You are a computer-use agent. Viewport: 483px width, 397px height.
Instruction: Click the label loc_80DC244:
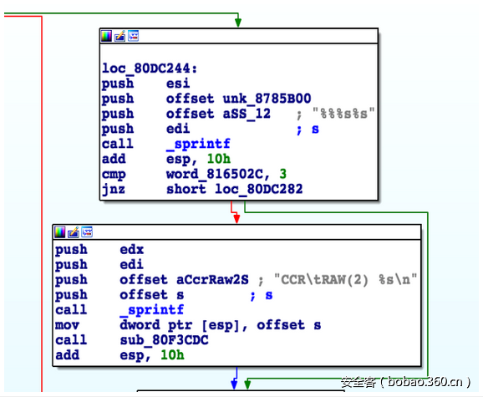pos(150,69)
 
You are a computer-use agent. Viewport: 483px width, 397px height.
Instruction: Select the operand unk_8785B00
pos(267,99)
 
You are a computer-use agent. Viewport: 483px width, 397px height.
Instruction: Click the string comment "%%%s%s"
pos(343,114)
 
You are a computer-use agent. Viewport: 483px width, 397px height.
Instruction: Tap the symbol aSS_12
pos(247,114)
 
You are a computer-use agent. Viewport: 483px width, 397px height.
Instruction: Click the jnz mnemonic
pos(114,189)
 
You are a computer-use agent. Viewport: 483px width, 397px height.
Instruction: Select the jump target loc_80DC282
pos(259,189)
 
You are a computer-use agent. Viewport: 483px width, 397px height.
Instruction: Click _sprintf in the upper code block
pos(198,144)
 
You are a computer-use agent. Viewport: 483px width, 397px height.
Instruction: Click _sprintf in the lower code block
pos(151,310)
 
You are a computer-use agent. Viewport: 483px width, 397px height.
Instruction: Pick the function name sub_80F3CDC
pos(164,340)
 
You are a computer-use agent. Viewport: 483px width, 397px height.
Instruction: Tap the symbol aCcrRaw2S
pos(212,280)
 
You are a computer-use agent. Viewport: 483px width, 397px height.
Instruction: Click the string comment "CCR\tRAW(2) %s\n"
pos(345,280)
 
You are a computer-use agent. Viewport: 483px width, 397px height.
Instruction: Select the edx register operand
pos(131,249)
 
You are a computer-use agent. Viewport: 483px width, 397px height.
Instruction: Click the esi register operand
pos(178,84)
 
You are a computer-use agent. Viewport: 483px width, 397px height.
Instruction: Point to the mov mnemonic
pos(67,325)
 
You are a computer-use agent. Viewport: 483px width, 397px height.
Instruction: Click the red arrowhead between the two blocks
pos(236,219)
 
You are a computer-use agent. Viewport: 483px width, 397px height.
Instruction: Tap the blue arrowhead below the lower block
pos(235,384)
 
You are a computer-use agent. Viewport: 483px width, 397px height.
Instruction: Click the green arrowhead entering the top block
pos(238,23)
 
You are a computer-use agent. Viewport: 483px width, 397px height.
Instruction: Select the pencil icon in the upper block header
pos(119,36)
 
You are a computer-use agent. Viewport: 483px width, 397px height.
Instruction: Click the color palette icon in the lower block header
pos(60,232)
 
